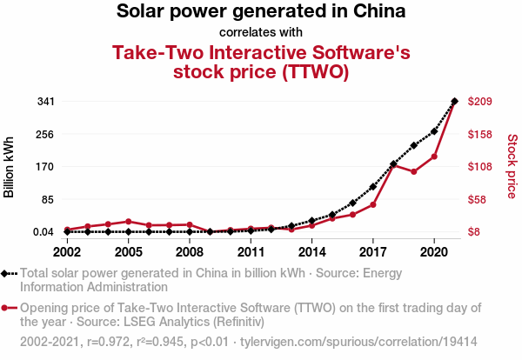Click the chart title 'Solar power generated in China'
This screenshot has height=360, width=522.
tap(260, 12)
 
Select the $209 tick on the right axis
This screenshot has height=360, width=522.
tap(480, 102)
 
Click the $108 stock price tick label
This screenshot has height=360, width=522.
tap(480, 167)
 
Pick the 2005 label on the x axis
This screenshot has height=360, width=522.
tap(128, 252)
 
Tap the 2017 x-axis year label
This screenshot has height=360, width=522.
tap(373, 252)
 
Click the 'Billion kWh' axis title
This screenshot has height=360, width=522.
tap(10, 167)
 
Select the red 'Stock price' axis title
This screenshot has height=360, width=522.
tap(512, 165)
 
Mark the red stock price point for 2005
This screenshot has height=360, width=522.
tap(128, 222)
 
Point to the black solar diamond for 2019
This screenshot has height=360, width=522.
tap(414, 145)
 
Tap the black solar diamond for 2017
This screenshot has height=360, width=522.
tap(373, 186)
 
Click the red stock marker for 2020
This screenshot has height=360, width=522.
tap(434, 157)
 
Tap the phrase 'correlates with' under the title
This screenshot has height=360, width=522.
tap(260, 32)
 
